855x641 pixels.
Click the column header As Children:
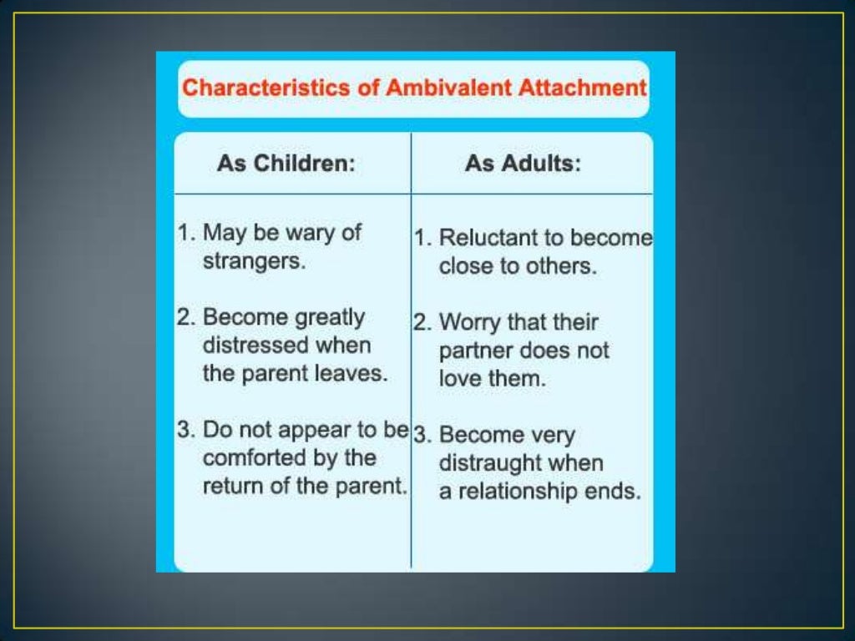coord(286,164)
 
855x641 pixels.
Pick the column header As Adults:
coord(523,164)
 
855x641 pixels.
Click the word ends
coord(619,492)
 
